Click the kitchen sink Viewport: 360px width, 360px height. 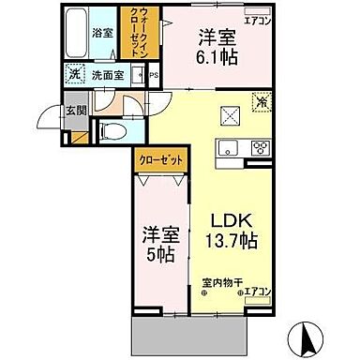pyautogui.click(x=228, y=147)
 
